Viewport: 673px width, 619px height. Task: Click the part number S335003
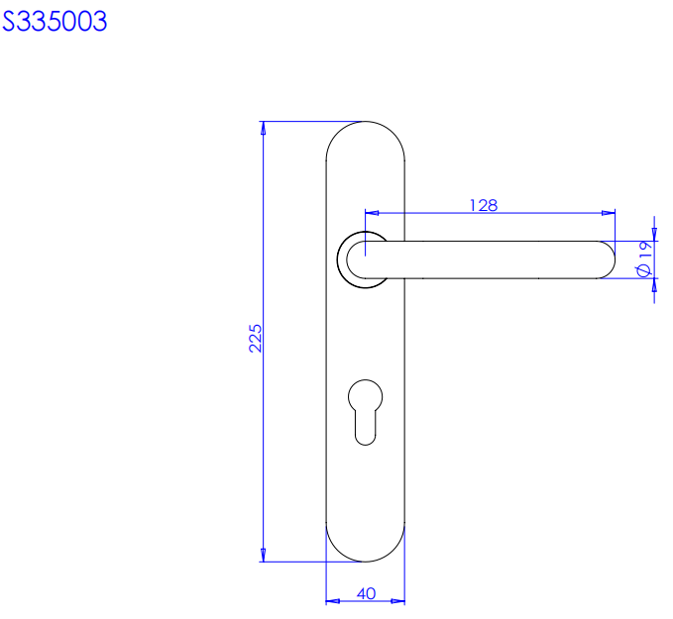coord(55,22)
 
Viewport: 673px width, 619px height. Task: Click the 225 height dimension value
coord(255,339)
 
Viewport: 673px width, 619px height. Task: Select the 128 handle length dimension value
coord(484,205)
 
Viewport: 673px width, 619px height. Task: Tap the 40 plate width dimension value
coord(366,593)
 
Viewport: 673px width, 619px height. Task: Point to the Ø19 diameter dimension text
coord(644,259)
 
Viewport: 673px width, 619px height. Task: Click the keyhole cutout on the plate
coord(366,412)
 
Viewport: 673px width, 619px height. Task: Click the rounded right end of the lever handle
coord(606,259)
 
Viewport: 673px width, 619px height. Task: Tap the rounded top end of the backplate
coord(366,122)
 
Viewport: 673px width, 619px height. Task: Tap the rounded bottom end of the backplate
coord(366,562)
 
